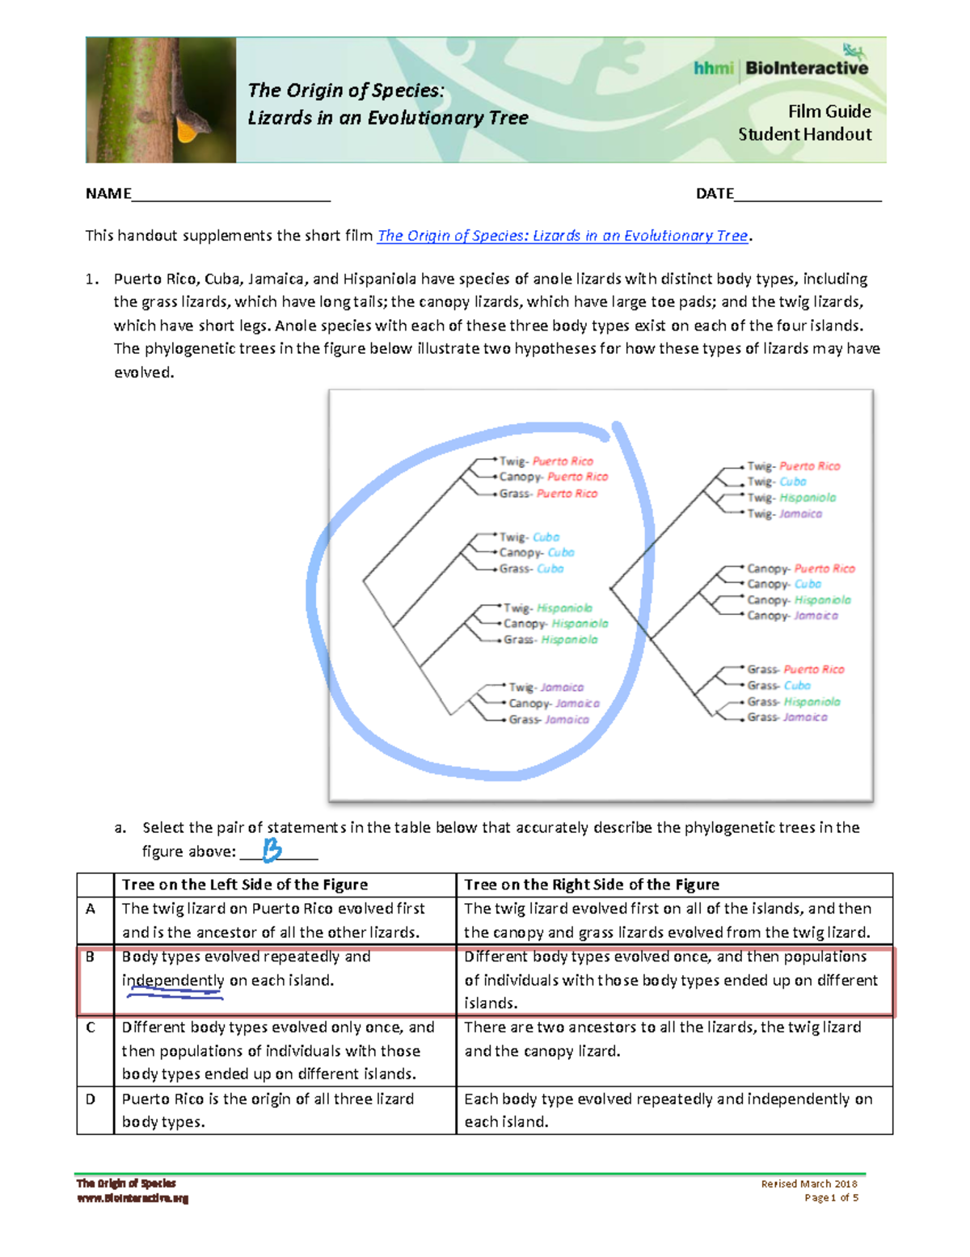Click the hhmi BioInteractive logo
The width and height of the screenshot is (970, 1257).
click(781, 68)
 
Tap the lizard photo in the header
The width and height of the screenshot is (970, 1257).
click(161, 99)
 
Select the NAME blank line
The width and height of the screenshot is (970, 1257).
click(231, 194)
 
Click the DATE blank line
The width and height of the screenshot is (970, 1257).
click(808, 194)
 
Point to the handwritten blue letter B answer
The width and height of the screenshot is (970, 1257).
click(272, 849)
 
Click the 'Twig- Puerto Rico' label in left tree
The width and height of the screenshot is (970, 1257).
click(546, 461)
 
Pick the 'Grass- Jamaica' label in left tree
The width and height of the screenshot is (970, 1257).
click(548, 720)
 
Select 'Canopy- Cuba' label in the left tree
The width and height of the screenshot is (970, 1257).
click(536, 553)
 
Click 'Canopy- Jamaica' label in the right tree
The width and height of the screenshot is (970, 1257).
click(792, 616)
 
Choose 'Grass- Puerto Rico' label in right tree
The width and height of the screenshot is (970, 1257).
click(795, 670)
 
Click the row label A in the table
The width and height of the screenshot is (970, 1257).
click(91, 909)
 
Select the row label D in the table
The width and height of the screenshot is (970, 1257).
click(91, 1099)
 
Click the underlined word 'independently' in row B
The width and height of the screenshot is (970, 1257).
click(173, 981)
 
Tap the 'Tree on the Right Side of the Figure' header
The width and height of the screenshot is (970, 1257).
click(592, 885)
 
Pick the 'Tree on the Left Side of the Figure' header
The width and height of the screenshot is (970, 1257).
click(245, 885)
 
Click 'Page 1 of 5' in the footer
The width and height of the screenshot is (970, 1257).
click(831, 1198)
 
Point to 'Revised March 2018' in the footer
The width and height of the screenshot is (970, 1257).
click(808, 1183)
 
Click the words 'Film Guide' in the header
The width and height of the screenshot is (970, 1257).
click(829, 111)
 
